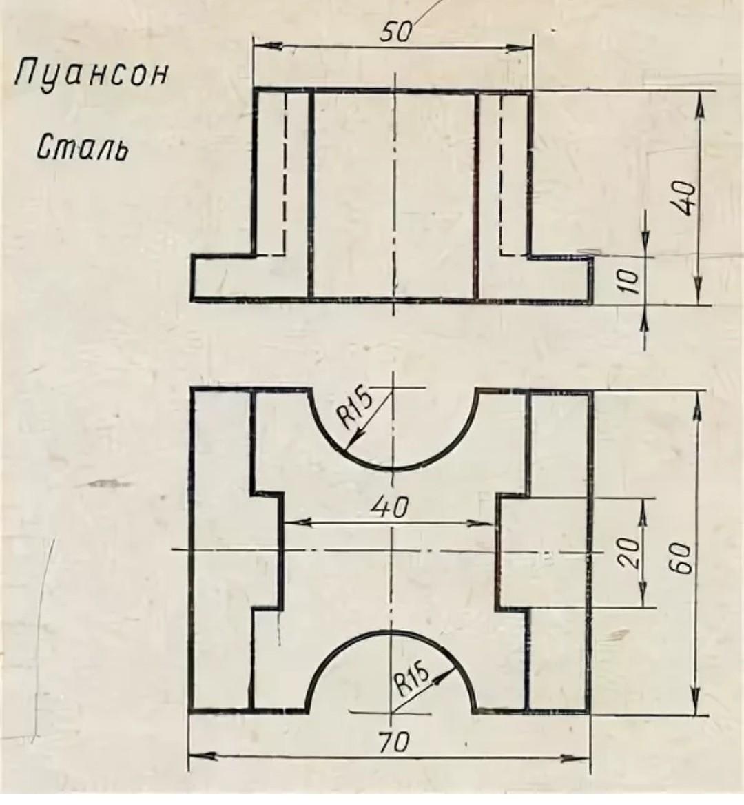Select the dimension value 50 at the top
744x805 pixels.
click(395, 32)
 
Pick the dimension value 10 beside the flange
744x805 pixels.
click(628, 281)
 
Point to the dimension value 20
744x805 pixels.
click(628, 552)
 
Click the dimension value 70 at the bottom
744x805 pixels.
click(393, 742)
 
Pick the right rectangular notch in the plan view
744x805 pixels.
click(512, 550)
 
